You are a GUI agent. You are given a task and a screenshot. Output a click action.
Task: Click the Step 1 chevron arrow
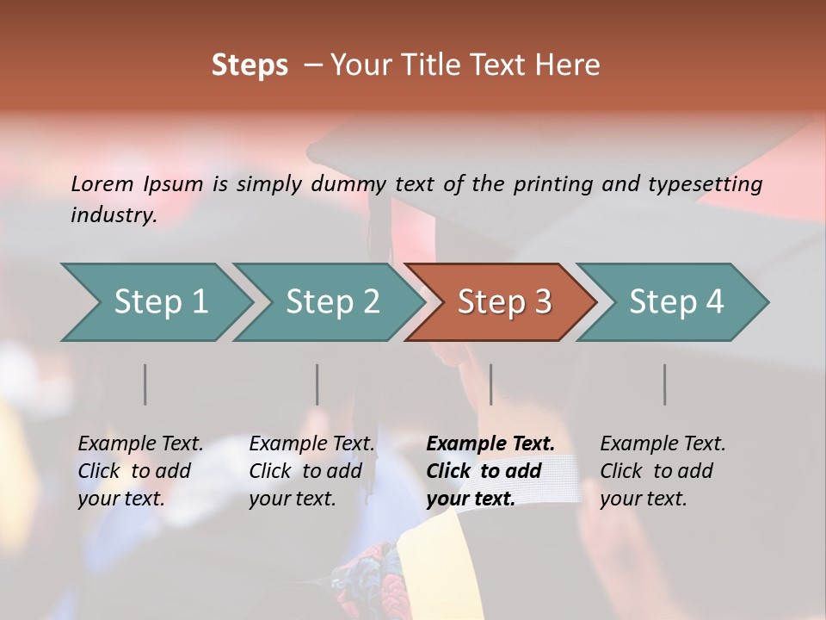point(155,302)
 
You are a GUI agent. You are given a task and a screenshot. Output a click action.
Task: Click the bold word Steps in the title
point(250,65)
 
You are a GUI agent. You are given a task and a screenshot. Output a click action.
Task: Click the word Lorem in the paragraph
point(102,183)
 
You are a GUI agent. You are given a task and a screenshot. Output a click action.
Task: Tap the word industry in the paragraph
point(113,214)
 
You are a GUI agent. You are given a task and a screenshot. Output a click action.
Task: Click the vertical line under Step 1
point(145,384)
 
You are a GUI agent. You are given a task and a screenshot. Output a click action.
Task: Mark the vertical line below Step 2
point(317,384)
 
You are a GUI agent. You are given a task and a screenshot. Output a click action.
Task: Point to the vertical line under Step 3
point(490,384)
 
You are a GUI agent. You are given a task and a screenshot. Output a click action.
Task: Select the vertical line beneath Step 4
point(664,384)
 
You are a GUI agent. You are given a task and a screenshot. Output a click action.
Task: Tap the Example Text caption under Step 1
point(140,444)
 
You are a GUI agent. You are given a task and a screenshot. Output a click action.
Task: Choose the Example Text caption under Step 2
point(311,444)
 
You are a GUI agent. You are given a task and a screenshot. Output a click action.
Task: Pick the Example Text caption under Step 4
point(663,444)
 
